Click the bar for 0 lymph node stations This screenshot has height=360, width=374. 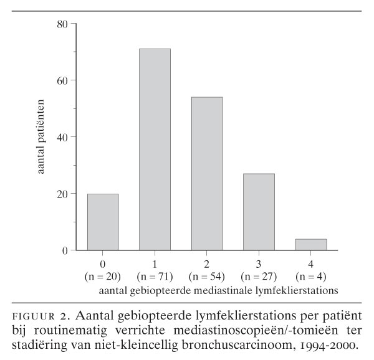(103, 222)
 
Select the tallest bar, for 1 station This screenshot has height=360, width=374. (155, 149)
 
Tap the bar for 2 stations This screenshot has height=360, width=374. (207, 174)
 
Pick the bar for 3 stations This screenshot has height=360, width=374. (259, 212)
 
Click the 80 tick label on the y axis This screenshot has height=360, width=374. (62, 24)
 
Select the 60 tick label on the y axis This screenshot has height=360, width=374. (62, 80)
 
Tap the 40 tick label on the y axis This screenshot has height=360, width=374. (62, 137)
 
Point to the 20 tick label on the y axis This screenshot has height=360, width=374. (62, 194)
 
